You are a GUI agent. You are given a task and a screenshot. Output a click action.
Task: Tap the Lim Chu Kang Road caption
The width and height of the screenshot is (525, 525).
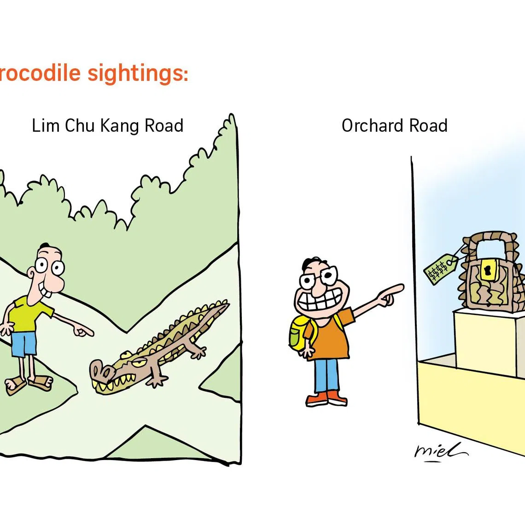pos(107,126)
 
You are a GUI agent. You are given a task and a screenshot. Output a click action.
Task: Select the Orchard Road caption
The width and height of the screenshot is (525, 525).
pos(394,126)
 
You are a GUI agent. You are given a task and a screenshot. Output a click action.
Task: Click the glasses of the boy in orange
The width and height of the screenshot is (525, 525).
pos(318,279)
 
